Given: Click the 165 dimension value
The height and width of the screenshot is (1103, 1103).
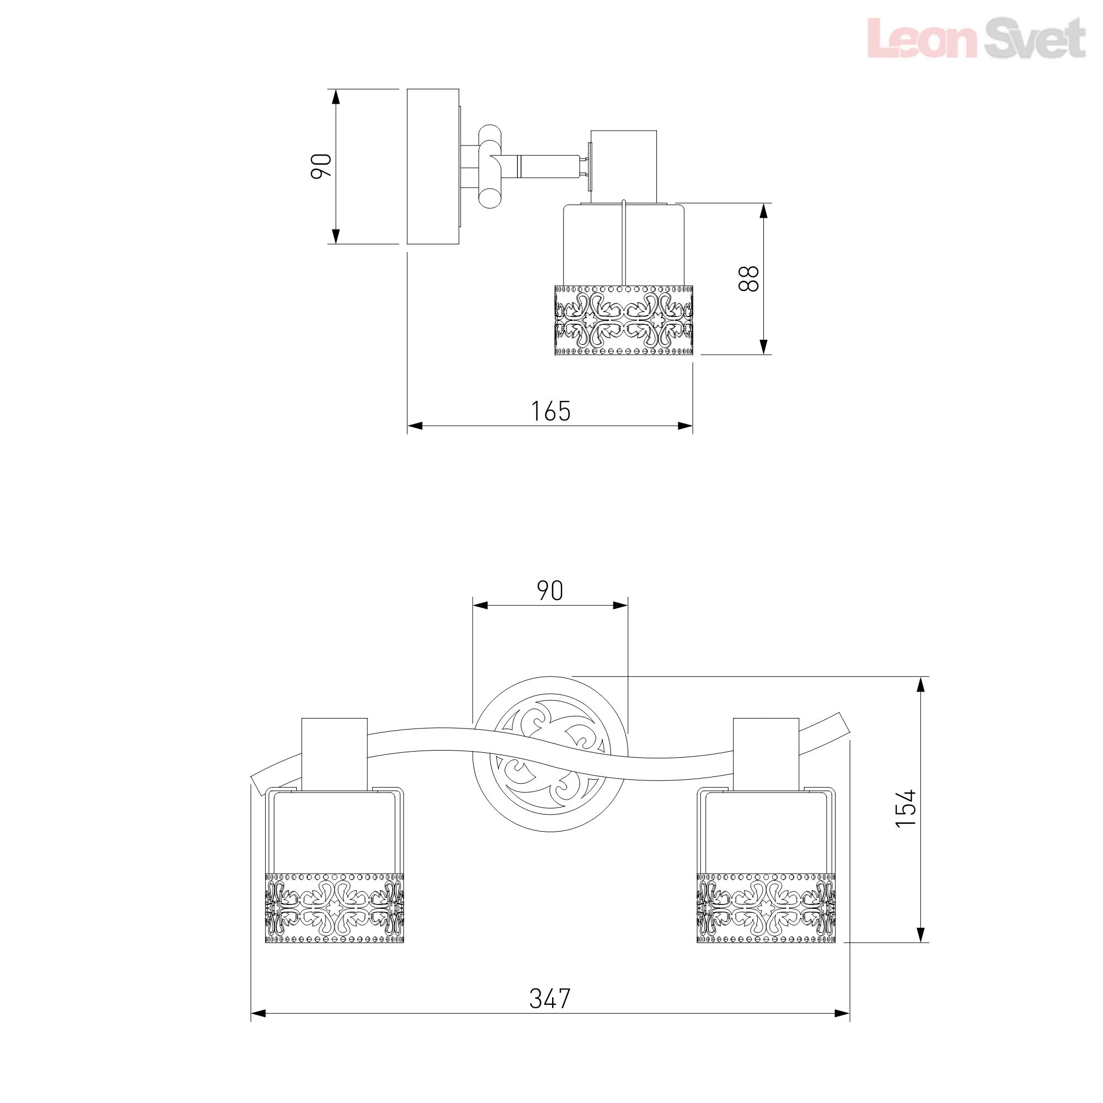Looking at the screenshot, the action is point(551,411).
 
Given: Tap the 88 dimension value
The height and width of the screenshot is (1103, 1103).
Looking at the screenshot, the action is point(748,279).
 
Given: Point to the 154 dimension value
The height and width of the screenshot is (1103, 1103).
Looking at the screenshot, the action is point(906,808).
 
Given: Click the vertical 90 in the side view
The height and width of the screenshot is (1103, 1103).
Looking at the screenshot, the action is point(322,166).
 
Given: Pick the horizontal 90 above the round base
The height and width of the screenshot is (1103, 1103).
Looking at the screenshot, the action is point(550,591).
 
